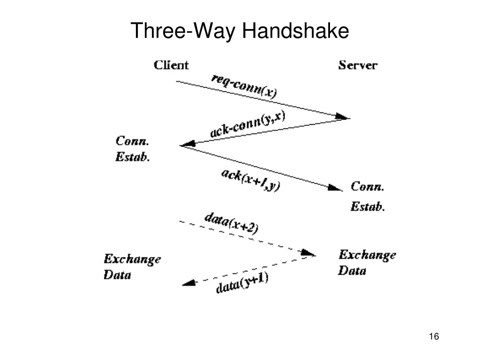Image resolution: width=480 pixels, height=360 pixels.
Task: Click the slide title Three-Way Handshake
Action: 240,31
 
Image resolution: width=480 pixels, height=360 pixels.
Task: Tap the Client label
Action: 171,65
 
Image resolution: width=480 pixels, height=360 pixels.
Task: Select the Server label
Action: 357,65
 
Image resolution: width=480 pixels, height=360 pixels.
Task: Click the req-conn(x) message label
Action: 244,86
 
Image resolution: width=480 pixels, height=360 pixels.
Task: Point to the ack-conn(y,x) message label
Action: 247,124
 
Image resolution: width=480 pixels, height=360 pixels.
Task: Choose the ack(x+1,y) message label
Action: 250,180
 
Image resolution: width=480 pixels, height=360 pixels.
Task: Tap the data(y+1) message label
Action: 242,283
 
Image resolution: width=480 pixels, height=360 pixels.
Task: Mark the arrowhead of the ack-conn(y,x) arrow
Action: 187,144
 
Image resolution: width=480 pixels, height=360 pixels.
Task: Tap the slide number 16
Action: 433,337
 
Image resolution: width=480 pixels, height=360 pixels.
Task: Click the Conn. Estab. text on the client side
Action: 133,149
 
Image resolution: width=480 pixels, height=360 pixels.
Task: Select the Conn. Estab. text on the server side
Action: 367,196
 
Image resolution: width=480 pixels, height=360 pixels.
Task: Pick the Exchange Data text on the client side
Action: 132,266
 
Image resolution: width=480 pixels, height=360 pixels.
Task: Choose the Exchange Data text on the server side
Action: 367,262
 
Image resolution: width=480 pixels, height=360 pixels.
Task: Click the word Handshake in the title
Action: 296,31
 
